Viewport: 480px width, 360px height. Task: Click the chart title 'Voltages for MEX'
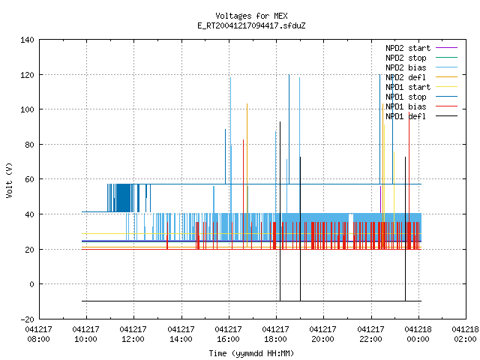(x=251, y=16)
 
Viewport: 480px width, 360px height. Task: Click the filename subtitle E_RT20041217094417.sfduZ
(x=251, y=25)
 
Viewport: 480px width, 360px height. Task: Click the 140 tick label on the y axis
(x=27, y=40)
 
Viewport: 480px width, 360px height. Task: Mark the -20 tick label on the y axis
(x=27, y=319)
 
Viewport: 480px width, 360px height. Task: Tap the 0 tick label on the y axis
(x=31, y=284)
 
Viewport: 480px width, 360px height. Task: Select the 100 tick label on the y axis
(x=27, y=109)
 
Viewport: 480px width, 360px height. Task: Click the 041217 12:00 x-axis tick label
(x=133, y=334)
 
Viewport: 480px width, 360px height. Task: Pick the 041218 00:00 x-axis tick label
(x=418, y=334)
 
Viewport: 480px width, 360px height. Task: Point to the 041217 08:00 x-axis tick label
(x=38, y=334)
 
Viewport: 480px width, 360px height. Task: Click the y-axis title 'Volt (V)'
(x=9, y=180)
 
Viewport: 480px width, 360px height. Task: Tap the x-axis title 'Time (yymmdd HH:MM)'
(x=251, y=353)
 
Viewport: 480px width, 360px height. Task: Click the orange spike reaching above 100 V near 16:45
(x=247, y=175)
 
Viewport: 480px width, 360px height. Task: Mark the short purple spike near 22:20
(x=380, y=199)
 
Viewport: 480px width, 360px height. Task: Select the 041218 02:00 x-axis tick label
(x=466, y=334)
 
